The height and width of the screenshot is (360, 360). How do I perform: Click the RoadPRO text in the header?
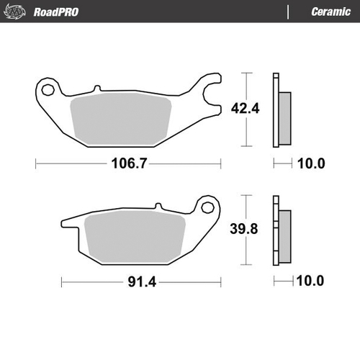pos(56,12)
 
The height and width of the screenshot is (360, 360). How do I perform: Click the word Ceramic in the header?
pos(330,12)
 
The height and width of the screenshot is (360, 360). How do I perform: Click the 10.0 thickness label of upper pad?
pos(311,163)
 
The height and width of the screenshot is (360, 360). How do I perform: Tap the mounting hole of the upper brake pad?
pos(49,91)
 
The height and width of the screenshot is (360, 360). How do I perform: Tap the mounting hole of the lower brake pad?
pos(210,206)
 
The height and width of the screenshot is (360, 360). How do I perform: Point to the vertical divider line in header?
pos(289,12)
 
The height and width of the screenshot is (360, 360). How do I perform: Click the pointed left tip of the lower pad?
pos(63,222)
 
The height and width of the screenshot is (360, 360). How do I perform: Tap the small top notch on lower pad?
pos(156,208)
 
